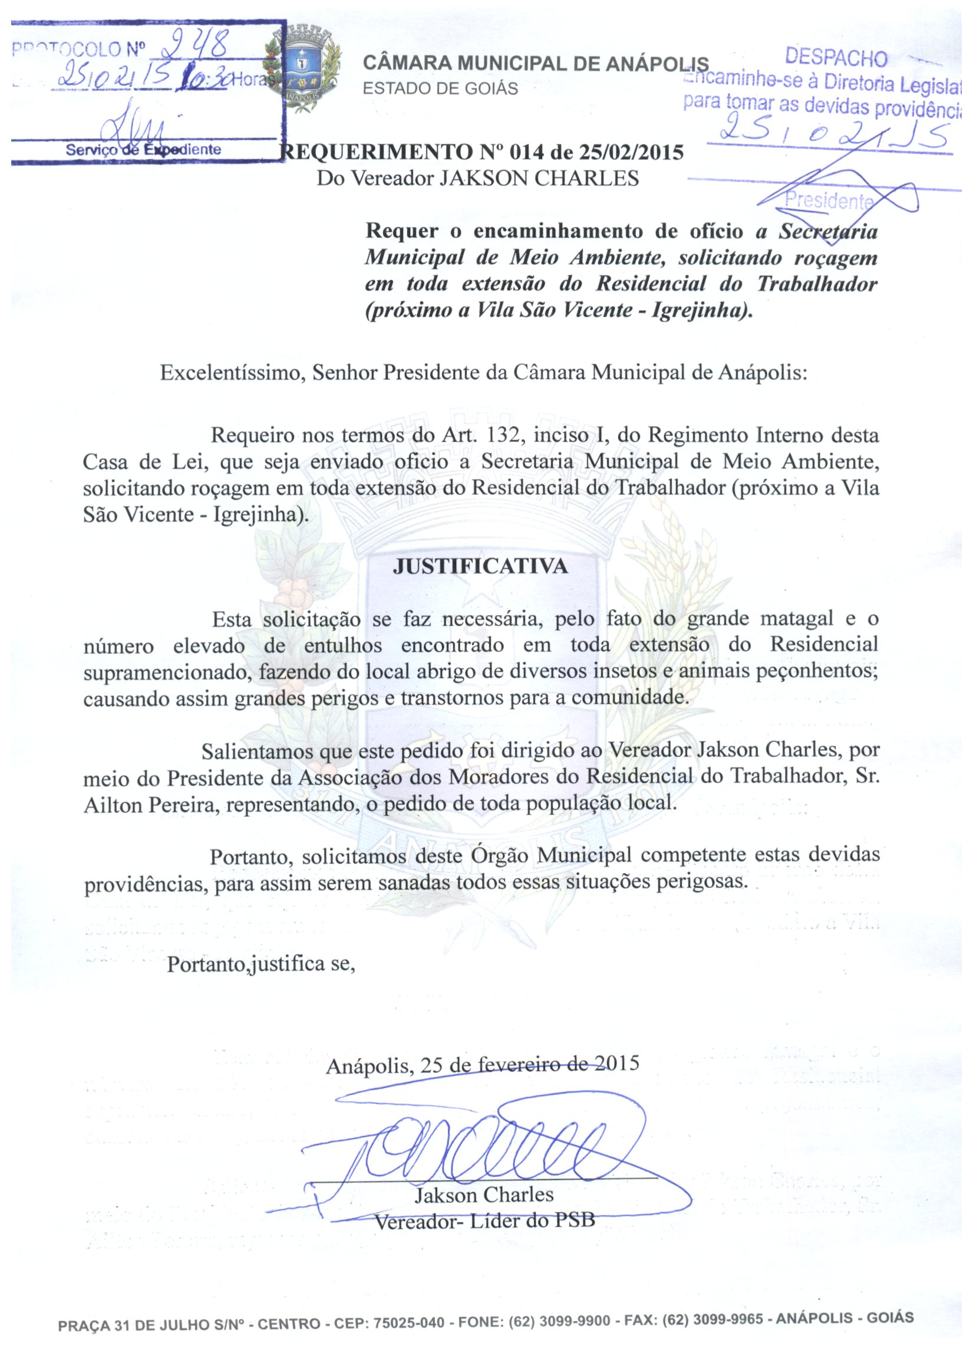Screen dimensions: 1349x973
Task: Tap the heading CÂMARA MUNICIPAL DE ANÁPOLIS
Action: click(x=535, y=64)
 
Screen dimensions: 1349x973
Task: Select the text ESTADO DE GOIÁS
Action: click(x=440, y=88)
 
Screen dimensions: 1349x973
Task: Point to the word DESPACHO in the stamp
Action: click(x=836, y=57)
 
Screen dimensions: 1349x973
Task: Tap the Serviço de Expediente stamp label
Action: click(x=143, y=149)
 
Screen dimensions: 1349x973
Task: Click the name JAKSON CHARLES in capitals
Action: click(x=539, y=178)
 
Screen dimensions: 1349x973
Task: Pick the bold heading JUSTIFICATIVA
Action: click(x=480, y=566)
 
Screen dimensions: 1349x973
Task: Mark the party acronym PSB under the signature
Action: click(x=575, y=1221)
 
